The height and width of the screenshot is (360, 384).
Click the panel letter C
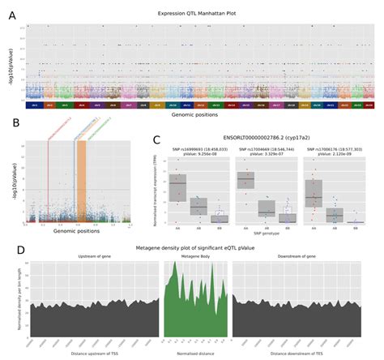pos(156,139)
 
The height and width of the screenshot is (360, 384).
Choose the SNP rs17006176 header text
pos(336,148)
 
